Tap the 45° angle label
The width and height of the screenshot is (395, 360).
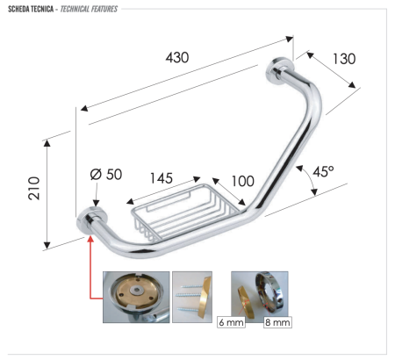pos(321,172)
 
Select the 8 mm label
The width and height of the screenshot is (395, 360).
pos(276,323)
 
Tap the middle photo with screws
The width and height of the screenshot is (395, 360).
pos(192,297)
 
